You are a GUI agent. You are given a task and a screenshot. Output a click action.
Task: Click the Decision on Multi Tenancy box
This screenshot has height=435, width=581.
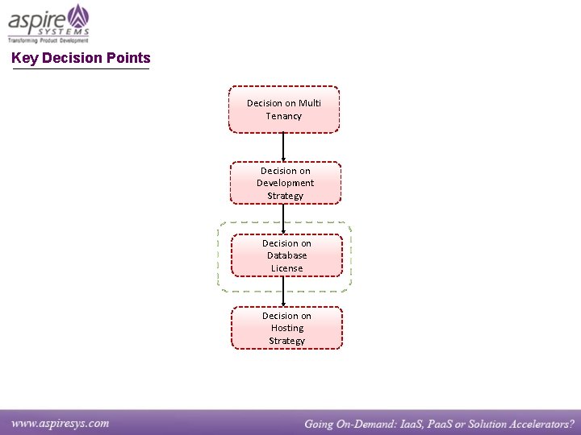[x=283, y=110]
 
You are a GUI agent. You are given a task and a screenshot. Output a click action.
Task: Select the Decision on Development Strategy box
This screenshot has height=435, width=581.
[x=286, y=183]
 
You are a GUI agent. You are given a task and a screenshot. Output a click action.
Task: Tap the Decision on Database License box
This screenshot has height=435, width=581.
[x=286, y=255]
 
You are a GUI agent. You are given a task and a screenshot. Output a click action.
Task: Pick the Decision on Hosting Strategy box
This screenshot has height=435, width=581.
[x=286, y=328]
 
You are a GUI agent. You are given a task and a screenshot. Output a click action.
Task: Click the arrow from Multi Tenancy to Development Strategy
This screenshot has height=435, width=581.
[x=283, y=147]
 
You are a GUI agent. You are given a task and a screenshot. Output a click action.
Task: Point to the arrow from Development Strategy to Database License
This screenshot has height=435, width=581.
[x=283, y=217]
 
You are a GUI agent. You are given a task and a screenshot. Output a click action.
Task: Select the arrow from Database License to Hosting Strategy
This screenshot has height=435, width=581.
[x=283, y=291]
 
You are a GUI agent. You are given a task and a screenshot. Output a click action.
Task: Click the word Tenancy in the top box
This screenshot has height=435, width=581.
[x=284, y=116]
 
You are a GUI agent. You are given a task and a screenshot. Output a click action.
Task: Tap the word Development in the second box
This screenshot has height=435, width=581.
[x=286, y=183]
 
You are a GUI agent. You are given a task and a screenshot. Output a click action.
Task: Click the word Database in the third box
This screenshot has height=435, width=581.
[x=287, y=255]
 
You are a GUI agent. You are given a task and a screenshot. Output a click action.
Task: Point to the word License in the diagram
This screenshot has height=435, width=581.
[x=287, y=268]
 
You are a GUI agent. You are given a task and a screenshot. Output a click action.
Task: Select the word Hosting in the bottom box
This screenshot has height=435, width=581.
[x=287, y=328]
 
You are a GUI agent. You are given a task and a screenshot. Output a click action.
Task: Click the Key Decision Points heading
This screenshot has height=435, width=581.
[x=81, y=58]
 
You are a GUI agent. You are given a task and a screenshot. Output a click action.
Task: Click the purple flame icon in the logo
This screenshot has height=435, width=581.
[x=77, y=15]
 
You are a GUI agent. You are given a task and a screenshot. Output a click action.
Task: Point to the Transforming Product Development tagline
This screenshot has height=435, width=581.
[x=48, y=39]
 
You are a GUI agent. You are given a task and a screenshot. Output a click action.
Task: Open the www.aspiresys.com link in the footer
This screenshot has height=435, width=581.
[x=60, y=423]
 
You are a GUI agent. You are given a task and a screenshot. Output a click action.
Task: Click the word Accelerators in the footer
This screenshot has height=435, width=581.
[x=530, y=424]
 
